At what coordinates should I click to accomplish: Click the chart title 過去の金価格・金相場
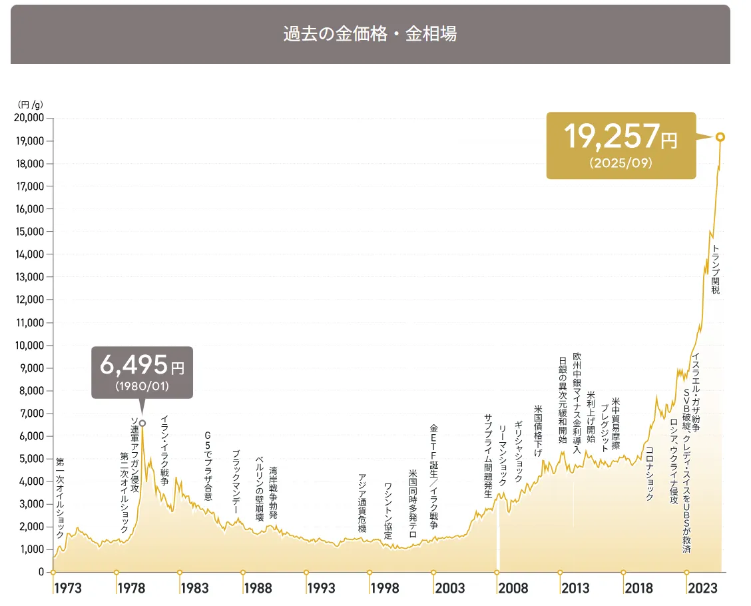pyautogui.click(x=370, y=35)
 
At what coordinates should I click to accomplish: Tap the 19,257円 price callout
pyautogui.click(x=621, y=145)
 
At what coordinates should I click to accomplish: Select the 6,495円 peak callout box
pyautogui.click(x=142, y=372)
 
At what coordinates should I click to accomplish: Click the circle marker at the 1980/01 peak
pyautogui.click(x=142, y=423)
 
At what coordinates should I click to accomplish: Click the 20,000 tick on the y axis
pyautogui.click(x=29, y=119)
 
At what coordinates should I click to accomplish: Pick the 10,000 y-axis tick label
pyautogui.click(x=29, y=346)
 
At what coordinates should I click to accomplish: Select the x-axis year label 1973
pyautogui.click(x=68, y=588)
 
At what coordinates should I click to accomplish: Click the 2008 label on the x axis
pyautogui.click(x=513, y=588)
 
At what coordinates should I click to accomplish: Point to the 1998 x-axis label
pyautogui.click(x=385, y=588)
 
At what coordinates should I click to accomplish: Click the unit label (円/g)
pyautogui.click(x=30, y=104)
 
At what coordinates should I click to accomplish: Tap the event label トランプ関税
pyautogui.click(x=716, y=270)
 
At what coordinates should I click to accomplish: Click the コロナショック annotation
pyautogui.click(x=650, y=473)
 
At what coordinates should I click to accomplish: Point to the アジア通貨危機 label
pyautogui.click(x=362, y=503)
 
